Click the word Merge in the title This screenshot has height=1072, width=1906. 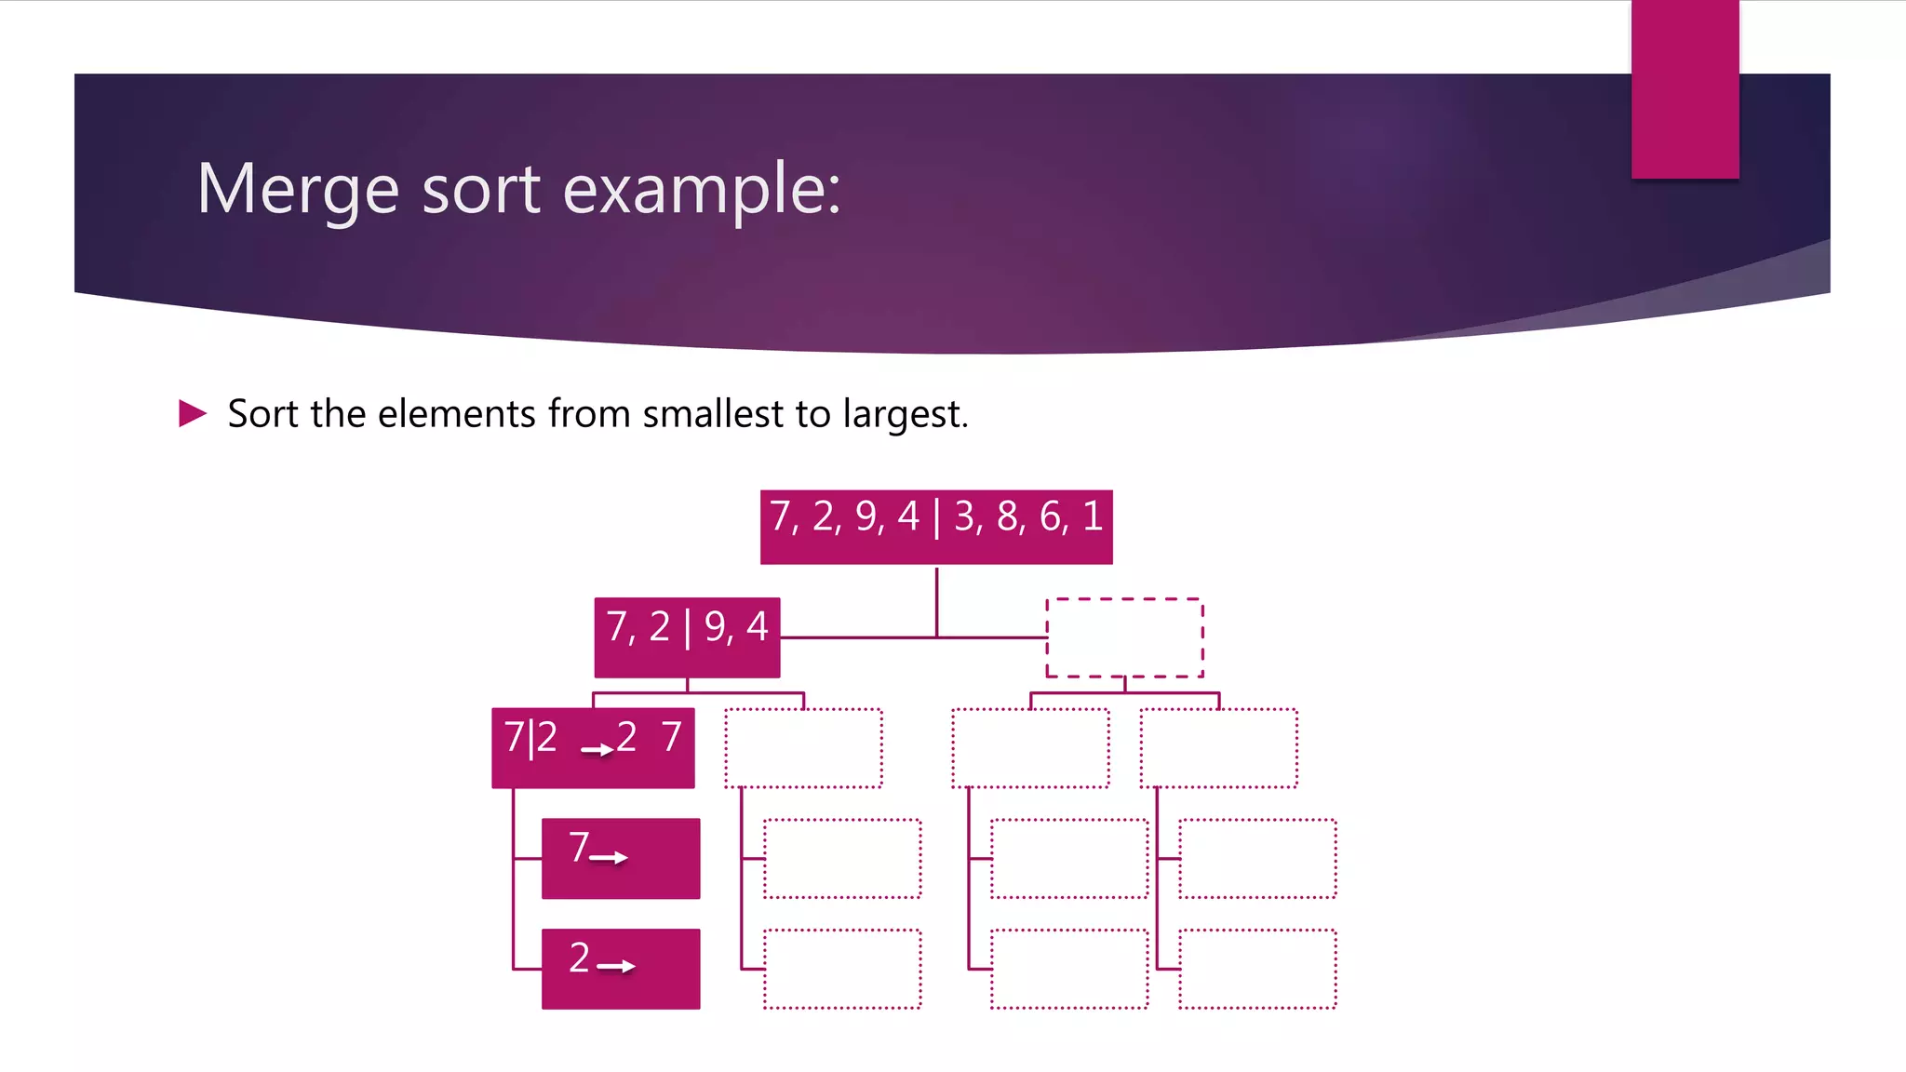point(298,190)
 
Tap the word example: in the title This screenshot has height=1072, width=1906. point(702,190)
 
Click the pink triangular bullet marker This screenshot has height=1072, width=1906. point(193,413)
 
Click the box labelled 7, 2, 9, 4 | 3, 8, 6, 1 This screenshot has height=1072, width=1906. point(936,527)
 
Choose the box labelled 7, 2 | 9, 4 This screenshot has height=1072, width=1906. point(687,637)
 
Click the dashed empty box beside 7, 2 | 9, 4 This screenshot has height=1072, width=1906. point(1124,637)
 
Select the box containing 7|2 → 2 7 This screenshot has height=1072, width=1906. point(593,748)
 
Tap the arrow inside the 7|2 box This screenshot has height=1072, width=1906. point(597,749)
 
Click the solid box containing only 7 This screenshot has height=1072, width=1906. point(621,858)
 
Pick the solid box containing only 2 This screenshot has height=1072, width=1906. point(621,969)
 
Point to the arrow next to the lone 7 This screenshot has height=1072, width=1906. point(609,858)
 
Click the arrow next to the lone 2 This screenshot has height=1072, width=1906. point(616,967)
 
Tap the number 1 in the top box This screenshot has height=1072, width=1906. point(1093,516)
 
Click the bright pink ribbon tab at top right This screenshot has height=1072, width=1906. point(1685,88)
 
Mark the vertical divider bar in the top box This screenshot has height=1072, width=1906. point(936,518)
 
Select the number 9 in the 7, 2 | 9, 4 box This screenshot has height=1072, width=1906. point(715,628)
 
